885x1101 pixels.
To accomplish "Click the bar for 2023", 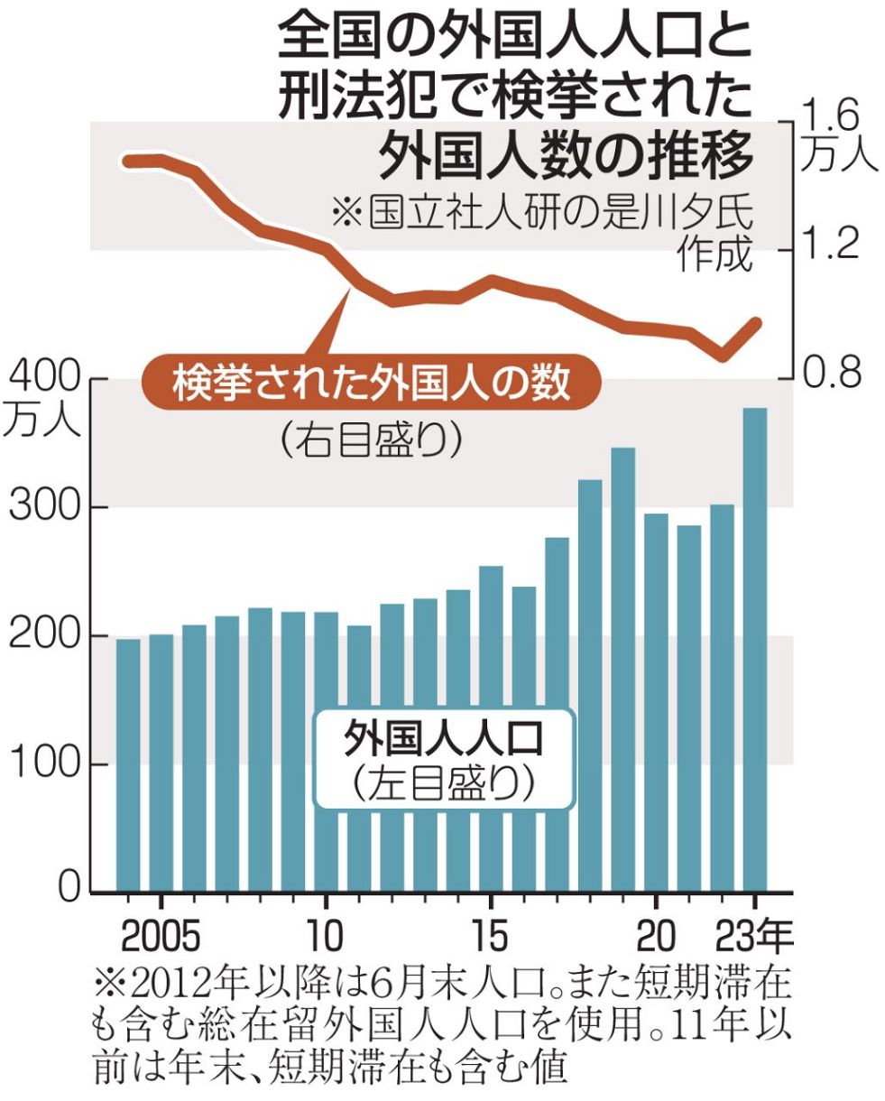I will click(754, 650).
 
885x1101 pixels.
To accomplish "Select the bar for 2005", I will click(161, 763).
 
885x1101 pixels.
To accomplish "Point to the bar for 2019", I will click(622, 669).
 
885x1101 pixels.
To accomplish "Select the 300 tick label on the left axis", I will click(44, 507).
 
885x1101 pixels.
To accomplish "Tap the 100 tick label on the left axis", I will click(44, 764).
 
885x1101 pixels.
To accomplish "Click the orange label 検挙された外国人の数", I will click(372, 384).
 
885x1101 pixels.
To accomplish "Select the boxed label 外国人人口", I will click(443, 742).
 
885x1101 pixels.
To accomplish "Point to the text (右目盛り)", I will click(371, 440).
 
